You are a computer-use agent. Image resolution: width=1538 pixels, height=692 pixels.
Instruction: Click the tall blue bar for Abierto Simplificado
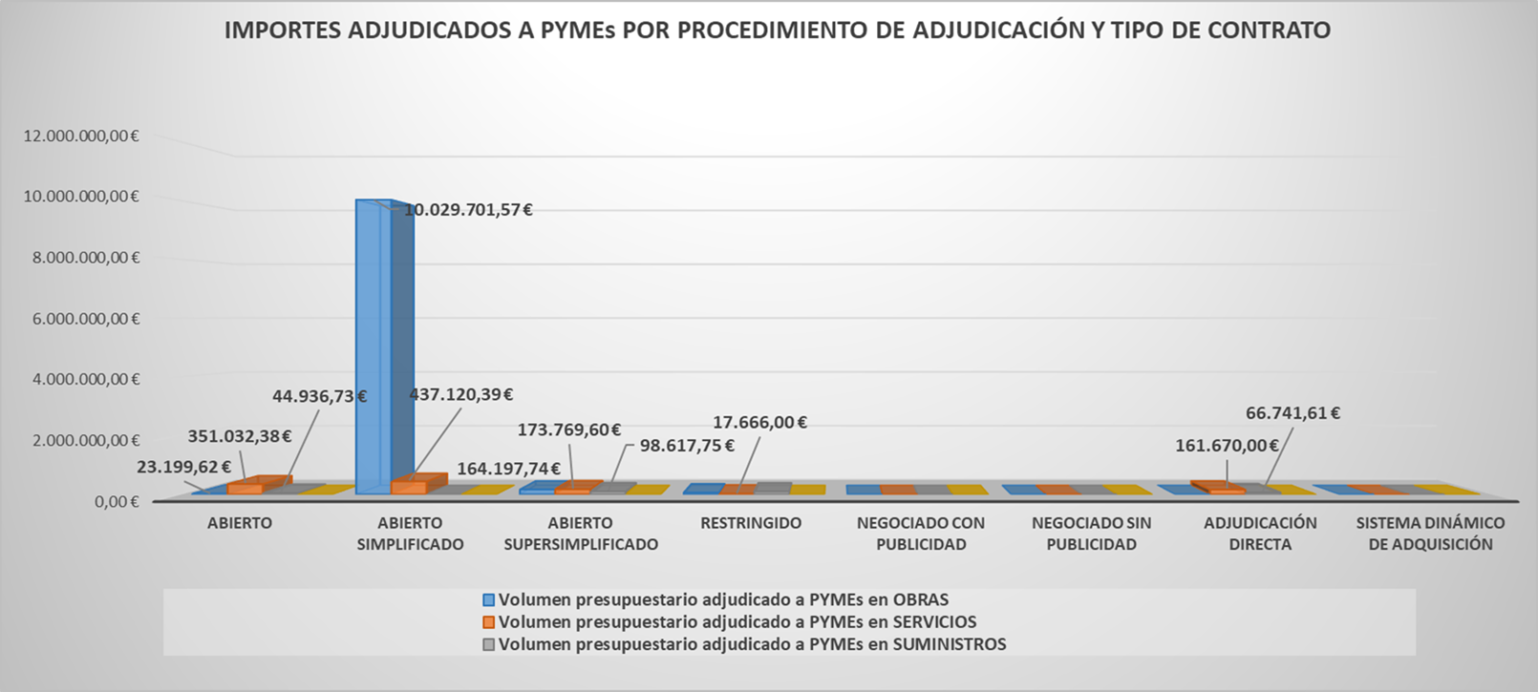373,344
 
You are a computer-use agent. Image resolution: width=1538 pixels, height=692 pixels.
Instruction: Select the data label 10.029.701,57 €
468,210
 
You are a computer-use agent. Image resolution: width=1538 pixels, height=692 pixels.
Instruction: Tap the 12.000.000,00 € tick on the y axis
81,136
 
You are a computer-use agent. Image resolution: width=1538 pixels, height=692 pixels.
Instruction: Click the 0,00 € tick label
117,501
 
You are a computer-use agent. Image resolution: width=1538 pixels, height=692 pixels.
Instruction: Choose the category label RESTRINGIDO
751,523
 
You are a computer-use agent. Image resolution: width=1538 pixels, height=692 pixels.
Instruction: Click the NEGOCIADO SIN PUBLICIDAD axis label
1091,534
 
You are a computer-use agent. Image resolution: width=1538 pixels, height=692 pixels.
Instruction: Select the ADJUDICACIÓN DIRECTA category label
1260,534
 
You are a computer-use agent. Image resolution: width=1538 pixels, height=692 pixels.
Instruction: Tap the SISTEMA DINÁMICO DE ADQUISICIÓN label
1430,534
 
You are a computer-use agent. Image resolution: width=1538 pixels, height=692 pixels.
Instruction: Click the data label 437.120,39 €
461,394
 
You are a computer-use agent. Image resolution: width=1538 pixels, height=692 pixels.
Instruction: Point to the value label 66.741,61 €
1292,413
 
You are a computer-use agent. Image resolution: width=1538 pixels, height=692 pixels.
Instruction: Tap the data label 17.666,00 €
760,422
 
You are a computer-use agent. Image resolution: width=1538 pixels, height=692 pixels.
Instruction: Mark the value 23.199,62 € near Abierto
183,467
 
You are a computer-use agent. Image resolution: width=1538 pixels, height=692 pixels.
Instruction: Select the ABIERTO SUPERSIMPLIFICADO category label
581,534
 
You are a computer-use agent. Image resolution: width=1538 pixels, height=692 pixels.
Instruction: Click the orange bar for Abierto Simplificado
409,487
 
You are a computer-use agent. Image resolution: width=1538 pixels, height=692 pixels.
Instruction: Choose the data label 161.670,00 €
1227,446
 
